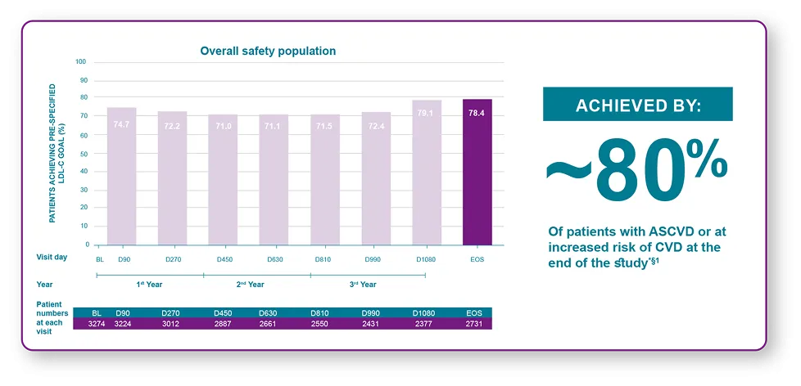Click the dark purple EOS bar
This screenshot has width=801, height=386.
(477, 172)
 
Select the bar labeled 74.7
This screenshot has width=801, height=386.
(121, 176)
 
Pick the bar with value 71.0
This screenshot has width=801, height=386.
(223, 179)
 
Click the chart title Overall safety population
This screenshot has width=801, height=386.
(268, 51)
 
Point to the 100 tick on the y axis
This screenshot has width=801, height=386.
(80, 62)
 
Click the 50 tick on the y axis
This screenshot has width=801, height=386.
(81, 154)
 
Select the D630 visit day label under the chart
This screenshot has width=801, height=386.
(274, 259)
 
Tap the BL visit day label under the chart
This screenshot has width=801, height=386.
(99, 259)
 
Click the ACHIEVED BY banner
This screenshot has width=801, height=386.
(637, 105)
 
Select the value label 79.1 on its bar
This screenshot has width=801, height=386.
(426, 113)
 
